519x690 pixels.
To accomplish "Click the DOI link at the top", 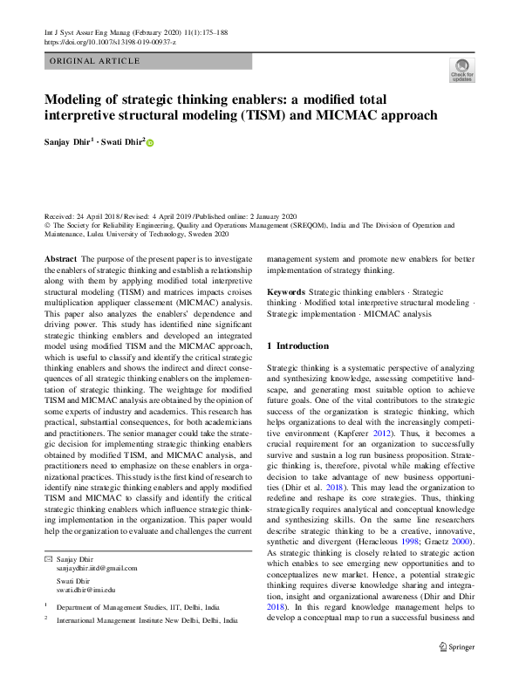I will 110,42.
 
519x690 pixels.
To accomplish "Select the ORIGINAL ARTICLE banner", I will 95,61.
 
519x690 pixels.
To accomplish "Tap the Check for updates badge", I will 461,71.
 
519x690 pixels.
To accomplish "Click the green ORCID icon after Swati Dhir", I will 149,142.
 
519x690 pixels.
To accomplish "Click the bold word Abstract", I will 60,260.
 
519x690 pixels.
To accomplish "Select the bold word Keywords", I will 286,291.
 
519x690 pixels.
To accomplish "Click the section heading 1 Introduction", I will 297,346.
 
